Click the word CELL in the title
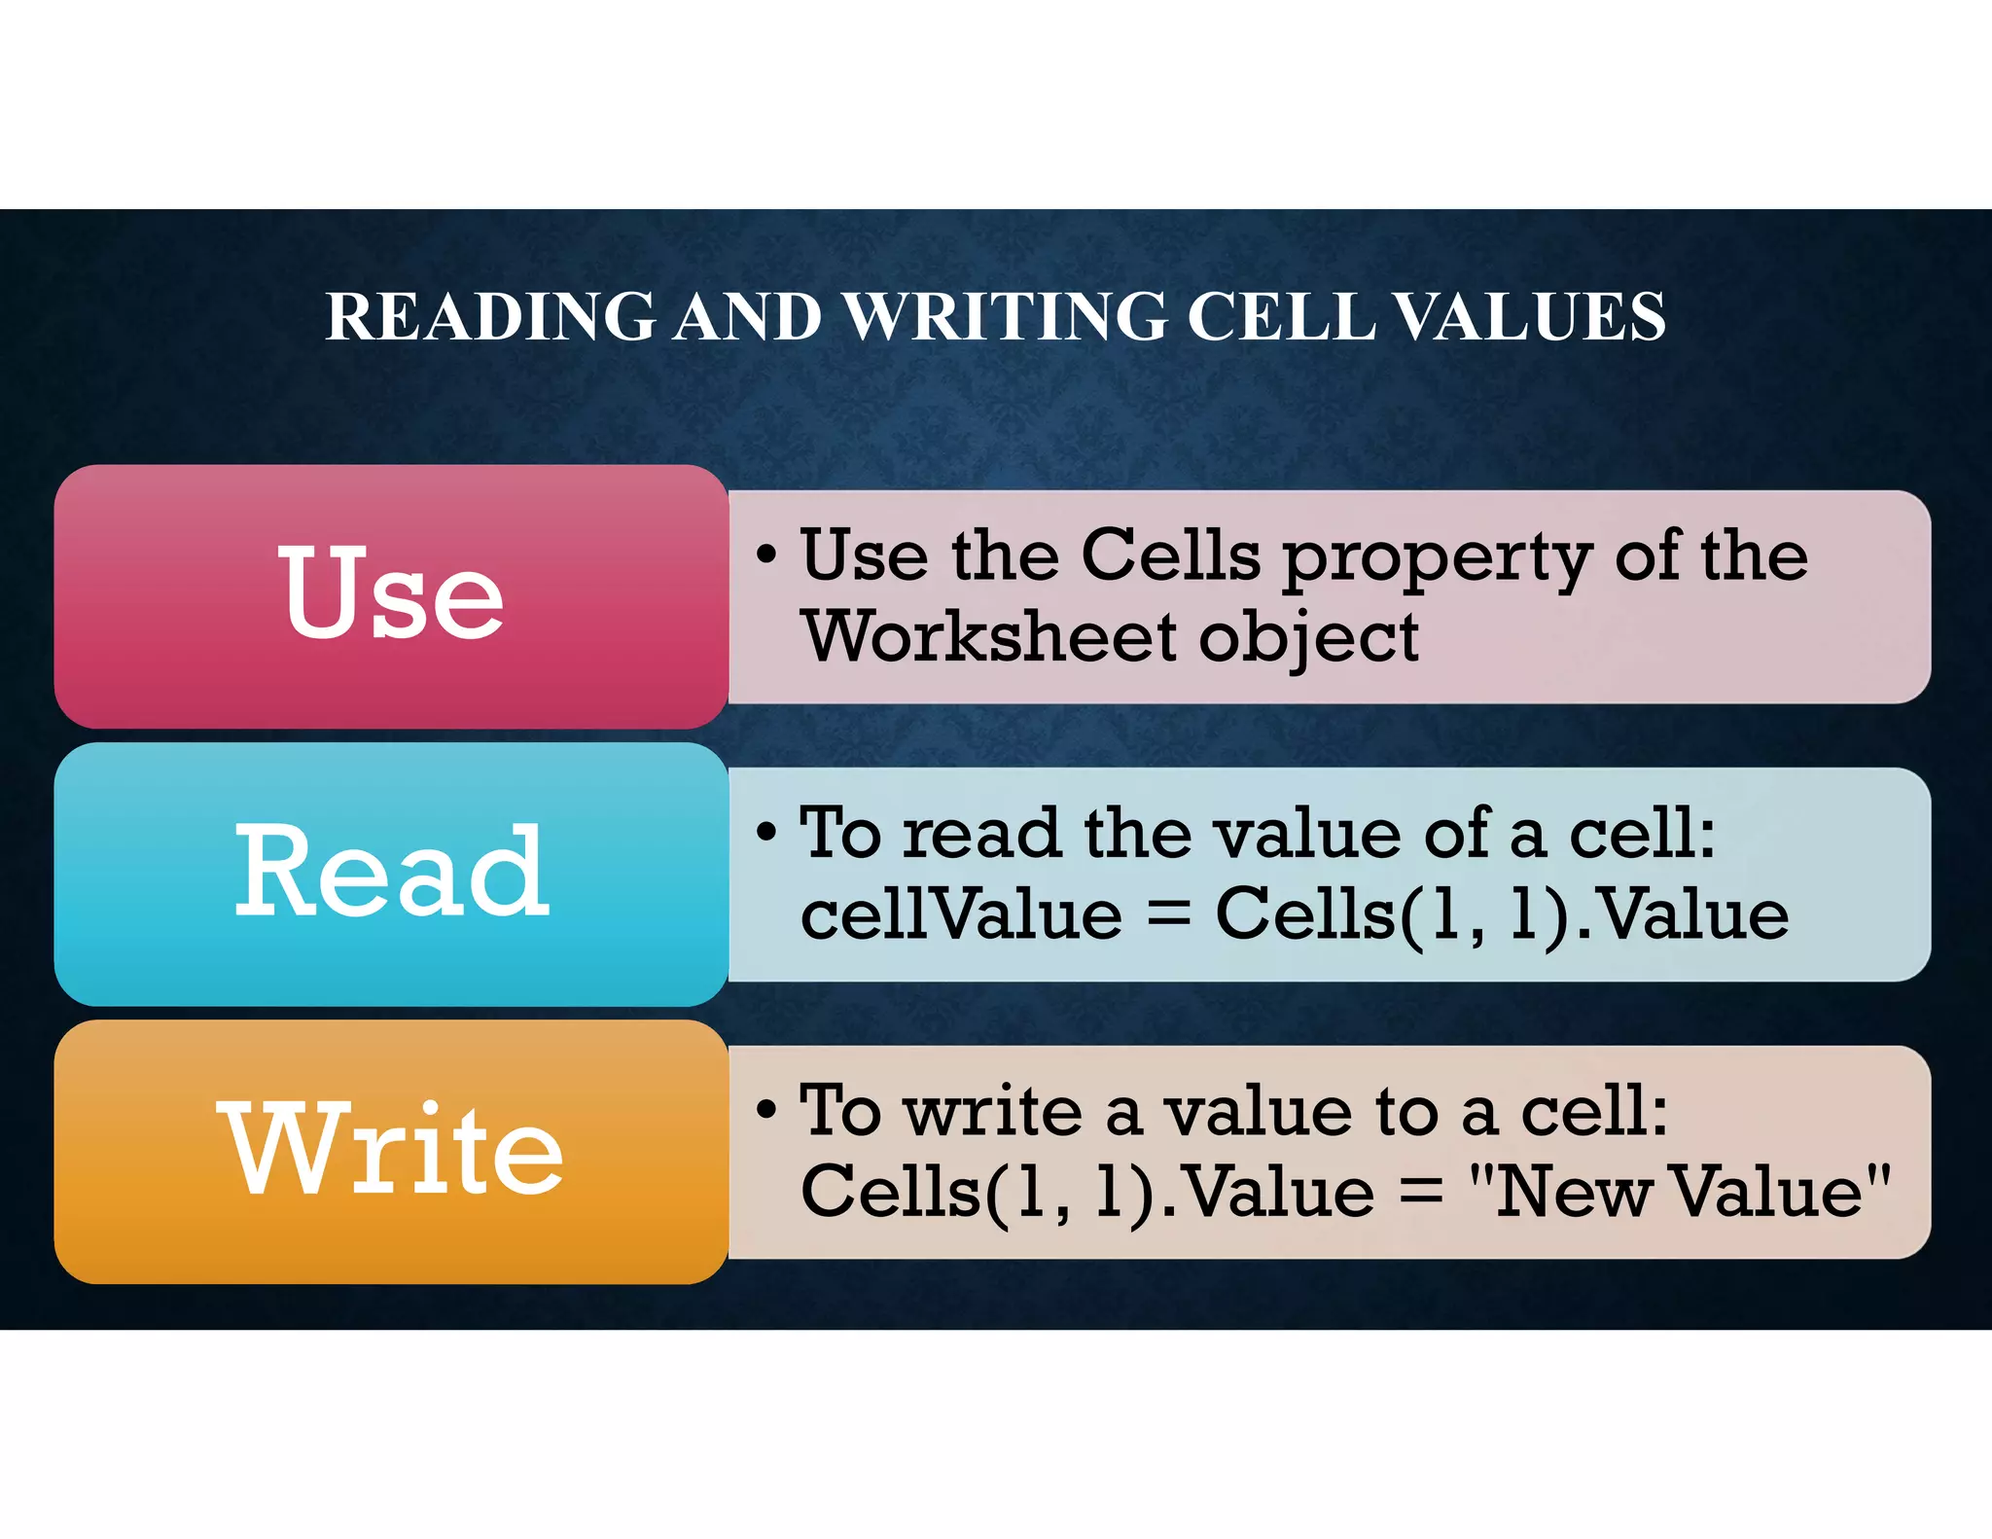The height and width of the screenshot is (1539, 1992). pos(1281,316)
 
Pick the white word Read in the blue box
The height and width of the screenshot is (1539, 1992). pos(392,870)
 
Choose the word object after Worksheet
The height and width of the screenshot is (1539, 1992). pos(1307,640)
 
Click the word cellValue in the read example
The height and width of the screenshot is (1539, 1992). pos(961,914)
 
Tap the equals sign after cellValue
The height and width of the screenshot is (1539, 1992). pos(1168,916)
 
